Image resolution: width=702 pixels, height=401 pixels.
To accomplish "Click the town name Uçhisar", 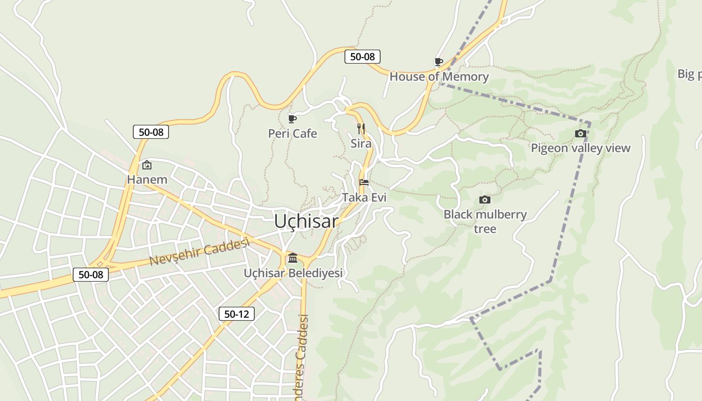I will [306, 221].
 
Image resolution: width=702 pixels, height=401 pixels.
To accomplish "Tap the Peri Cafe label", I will [292, 133].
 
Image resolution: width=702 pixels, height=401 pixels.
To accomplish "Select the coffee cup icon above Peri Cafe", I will [292, 119].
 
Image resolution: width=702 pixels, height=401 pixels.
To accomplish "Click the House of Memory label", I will [439, 77].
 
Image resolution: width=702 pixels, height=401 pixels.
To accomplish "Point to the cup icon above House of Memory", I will [438, 62].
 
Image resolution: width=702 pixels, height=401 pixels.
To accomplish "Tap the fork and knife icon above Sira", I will [361, 128].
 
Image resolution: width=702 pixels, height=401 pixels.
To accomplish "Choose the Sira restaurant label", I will [361, 144].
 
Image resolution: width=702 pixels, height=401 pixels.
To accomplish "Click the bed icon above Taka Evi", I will [364, 182].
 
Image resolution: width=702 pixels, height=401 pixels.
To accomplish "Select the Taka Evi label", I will [364, 197].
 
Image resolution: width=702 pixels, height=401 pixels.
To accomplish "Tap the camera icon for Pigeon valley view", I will [580, 133].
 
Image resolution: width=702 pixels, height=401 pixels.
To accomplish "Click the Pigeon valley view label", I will [580, 148].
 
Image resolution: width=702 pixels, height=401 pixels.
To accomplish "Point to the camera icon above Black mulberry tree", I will [484, 199].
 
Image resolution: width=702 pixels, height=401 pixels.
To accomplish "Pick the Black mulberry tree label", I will [485, 222].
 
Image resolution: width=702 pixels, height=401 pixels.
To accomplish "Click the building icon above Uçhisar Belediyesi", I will [293, 258].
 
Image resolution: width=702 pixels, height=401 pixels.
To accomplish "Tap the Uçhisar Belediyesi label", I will [293, 273].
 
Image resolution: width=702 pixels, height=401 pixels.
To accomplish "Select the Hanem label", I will [147, 179].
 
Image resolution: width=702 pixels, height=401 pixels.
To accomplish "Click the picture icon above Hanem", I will [147, 164].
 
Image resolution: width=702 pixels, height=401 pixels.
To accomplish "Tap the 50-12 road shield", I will [237, 314].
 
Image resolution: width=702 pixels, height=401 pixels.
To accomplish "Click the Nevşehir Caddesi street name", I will [200, 252].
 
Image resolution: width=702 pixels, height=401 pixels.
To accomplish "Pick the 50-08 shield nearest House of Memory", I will [363, 57].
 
